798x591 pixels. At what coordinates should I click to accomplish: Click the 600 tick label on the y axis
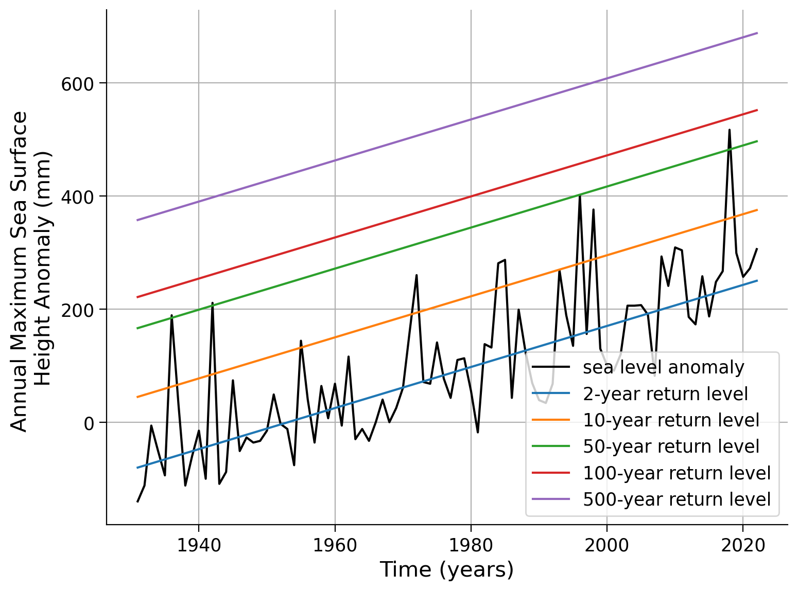pyautogui.click(x=77, y=84)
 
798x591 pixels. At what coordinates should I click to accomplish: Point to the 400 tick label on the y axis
pyautogui.click(x=77, y=198)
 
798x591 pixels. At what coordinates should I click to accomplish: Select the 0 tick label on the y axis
pyautogui.click(x=89, y=424)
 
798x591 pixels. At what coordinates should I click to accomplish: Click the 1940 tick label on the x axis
pyautogui.click(x=199, y=545)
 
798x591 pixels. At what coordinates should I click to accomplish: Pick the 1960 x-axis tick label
pyautogui.click(x=335, y=545)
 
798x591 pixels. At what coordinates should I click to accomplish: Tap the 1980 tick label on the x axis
pyautogui.click(x=471, y=545)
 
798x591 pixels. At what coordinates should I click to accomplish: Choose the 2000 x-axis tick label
pyautogui.click(x=607, y=545)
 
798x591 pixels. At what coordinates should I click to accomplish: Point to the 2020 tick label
pyautogui.click(x=743, y=545)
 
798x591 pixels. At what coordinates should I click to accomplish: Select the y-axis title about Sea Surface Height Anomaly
pyautogui.click(x=31, y=272)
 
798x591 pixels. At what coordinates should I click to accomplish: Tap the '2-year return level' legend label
pyautogui.click(x=665, y=393)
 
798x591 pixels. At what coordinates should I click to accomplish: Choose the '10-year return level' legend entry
pyautogui.click(x=671, y=420)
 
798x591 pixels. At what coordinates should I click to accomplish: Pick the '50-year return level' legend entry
pyautogui.click(x=671, y=446)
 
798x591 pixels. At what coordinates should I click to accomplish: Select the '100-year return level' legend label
pyautogui.click(x=676, y=473)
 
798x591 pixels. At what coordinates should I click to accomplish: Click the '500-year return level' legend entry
pyautogui.click(x=676, y=499)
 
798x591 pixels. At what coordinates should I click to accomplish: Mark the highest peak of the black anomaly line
pyautogui.click(x=730, y=130)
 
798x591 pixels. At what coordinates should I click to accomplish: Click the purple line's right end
pyautogui.click(x=757, y=33)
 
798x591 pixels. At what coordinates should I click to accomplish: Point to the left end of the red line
pyautogui.click(x=137, y=297)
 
